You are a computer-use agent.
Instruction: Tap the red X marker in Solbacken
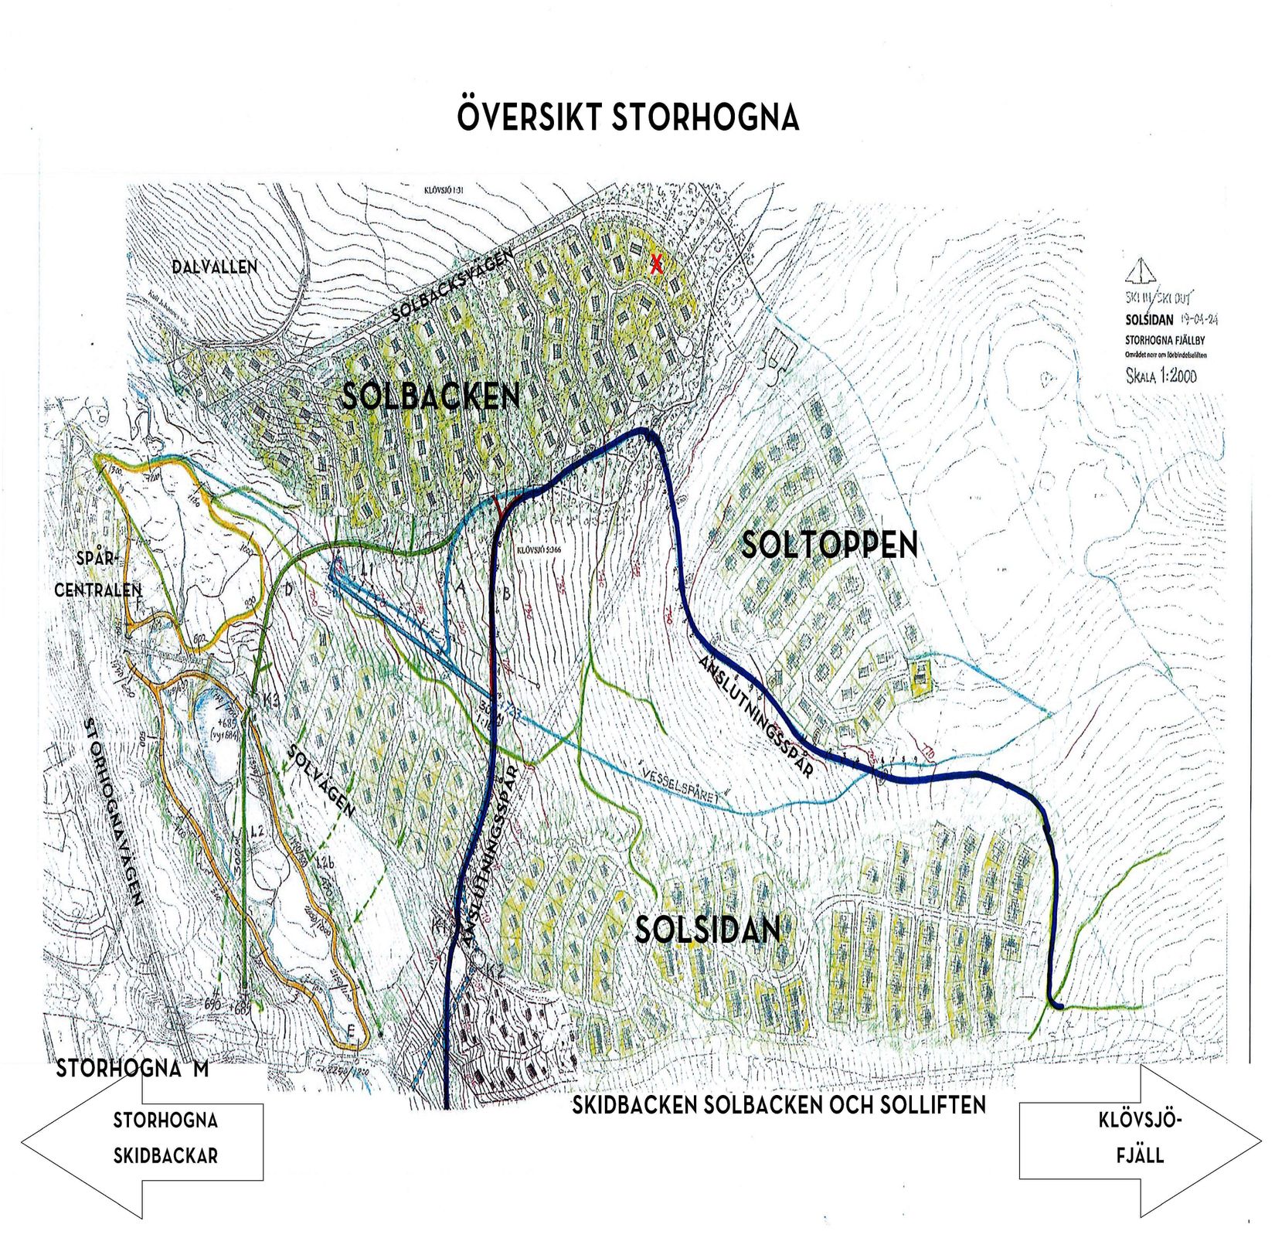[x=656, y=265]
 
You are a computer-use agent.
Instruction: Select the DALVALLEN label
[x=214, y=267]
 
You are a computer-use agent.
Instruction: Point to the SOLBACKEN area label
[x=430, y=396]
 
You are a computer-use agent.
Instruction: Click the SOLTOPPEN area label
[x=829, y=546]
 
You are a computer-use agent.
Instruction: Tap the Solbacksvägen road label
[x=452, y=287]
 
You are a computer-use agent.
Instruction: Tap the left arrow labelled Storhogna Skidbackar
[x=143, y=1139]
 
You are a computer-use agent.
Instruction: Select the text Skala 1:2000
[x=1161, y=376]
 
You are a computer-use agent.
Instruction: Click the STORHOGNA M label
[x=132, y=1069]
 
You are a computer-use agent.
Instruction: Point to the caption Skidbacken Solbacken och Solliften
[x=778, y=1105]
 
